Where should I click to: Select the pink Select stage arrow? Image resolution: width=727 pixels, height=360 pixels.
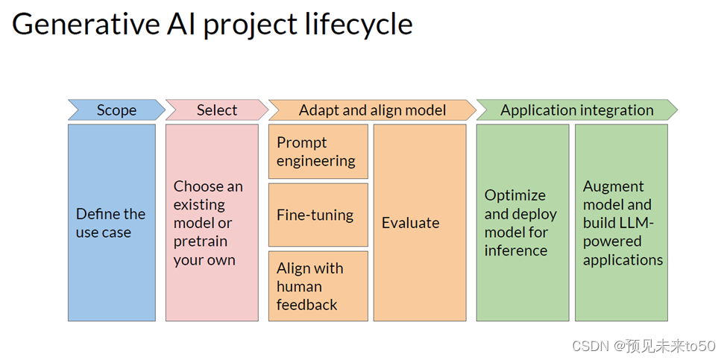click(x=217, y=110)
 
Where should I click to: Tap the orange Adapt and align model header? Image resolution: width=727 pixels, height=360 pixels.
click(x=372, y=110)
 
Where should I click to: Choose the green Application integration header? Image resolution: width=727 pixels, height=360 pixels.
click(x=577, y=110)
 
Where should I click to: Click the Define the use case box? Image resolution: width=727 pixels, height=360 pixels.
click(x=112, y=222)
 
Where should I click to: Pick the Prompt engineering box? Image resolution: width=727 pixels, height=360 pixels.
click(x=318, y=151)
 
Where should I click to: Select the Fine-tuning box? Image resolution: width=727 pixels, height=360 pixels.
click(x=318, y=215)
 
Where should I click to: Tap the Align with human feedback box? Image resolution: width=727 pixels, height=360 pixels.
click(x=318, y=286)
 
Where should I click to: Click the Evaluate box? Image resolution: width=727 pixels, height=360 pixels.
click(x=420, y=222)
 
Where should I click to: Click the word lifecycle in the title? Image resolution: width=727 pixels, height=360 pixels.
click(x=359, y=25)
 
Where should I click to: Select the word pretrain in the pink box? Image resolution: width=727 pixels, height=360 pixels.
click(x=201, y=241)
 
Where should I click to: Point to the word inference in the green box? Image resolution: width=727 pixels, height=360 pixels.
click(x=516, y=250)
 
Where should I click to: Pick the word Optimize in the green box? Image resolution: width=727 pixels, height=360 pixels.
click(x=515, y=196)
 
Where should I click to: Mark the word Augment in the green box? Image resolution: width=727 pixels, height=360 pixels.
click(x=614, y=187)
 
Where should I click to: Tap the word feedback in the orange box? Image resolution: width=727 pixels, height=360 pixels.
click(x=307, y=304)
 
